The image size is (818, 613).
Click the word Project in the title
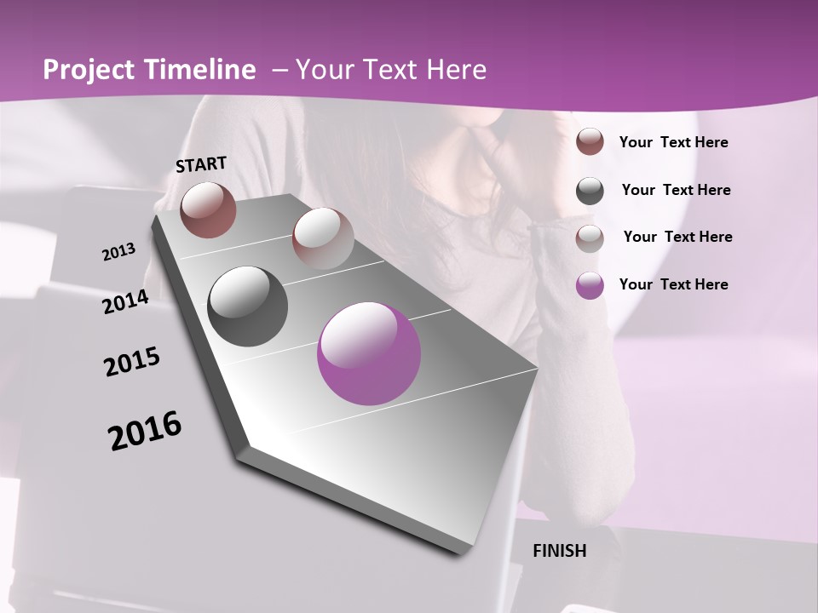tap(89, 70)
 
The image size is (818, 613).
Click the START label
tap(201, 164)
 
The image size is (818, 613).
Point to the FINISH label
tap(560, 551)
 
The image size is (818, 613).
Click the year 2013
tap(118, 252)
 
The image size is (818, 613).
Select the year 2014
tap(126, 302)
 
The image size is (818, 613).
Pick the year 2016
tap(145, 431)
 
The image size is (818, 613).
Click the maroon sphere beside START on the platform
tap(208, 209)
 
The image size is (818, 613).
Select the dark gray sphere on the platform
tap(248, 306)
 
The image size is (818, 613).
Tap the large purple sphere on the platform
tap(369, 353)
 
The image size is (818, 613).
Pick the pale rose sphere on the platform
tap(323, 238)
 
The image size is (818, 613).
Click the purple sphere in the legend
tap(590, 285)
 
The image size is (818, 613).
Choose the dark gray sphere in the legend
tap(590, 191)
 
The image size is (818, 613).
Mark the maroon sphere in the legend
tap(590, 142)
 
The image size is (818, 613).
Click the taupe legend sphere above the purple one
tap(590, 238)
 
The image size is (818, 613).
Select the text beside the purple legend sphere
tap(674, 284)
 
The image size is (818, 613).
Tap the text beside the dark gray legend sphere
tap(677, 190)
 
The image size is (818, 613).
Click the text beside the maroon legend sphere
tap(674, 142)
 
